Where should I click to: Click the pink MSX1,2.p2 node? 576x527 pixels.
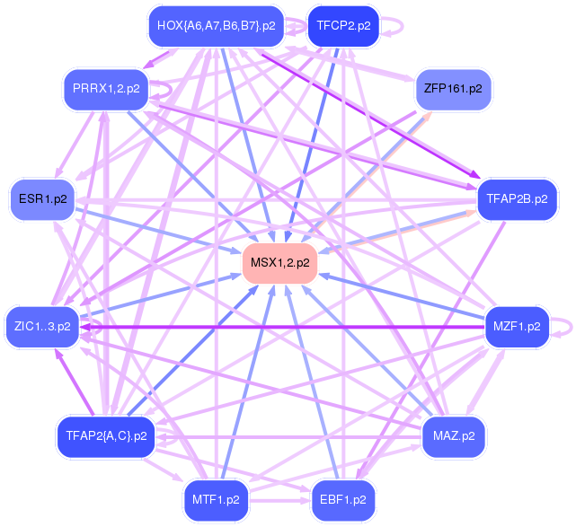(279, 263)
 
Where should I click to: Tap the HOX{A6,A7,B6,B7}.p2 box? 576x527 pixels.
(216, 26)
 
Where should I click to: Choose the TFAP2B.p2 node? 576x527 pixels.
(517, 199)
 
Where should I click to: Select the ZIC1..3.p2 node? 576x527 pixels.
(42, 326)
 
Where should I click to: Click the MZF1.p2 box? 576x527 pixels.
(516, 326)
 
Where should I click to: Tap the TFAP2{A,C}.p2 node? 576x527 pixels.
(105, 436)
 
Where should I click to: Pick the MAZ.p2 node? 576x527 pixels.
(453, 436)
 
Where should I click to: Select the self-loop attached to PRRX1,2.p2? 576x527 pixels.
(164, 90)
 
